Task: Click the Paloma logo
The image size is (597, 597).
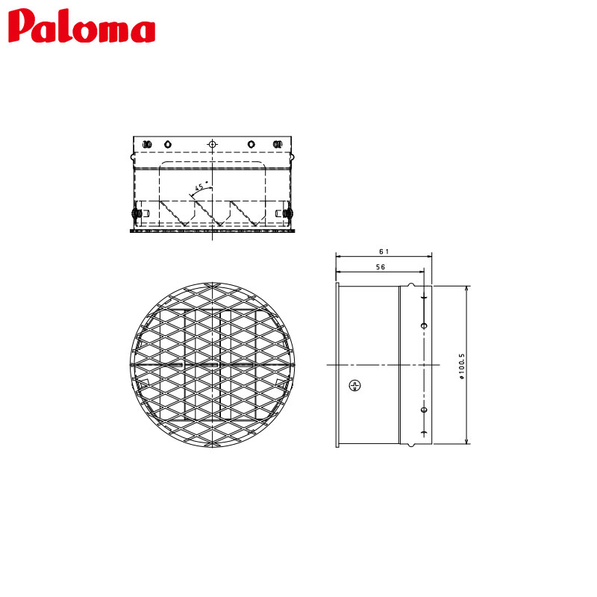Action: coord(82,28)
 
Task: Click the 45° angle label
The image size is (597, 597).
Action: coord(200,187)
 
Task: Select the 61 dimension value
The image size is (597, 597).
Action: coord(384,252)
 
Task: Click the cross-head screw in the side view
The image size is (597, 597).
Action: coord(355,385)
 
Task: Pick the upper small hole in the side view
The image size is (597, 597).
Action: coord(424,325)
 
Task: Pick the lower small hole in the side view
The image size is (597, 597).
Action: coord(424,410)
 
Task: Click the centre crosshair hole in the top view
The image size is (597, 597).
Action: coord(213,143)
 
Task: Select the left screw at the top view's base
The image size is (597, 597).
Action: coord(138,215)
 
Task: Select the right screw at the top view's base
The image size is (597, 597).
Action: coord(287,215)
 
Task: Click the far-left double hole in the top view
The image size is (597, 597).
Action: coord(147,143)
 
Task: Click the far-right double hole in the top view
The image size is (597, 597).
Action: coord(278,143)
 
